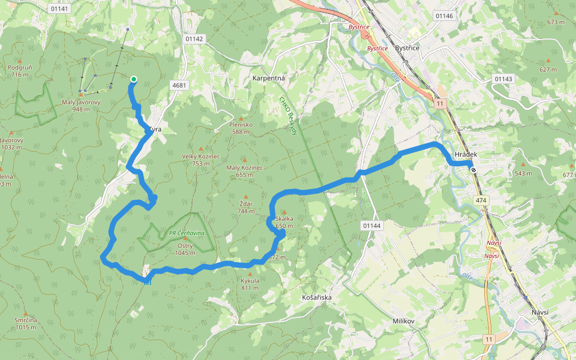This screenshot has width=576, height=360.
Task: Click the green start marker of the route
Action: coord(133,79)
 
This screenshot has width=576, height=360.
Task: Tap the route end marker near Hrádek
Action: coord(474,170)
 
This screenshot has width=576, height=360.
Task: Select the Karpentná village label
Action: coord(268,79)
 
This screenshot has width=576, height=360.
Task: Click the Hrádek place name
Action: coord(466,154)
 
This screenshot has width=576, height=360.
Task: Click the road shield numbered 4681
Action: coord(179,85)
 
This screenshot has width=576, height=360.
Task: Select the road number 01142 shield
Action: coord(195,38)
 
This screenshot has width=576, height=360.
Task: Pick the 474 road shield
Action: coord(481,200)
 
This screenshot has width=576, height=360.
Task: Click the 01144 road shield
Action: coord(372,225)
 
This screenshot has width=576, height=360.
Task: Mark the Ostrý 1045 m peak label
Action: coord(185,250)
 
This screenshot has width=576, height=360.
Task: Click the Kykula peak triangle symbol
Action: coord(250,274)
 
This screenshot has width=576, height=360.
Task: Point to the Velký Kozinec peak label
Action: coord(201,159)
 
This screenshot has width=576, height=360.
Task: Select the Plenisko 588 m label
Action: coord(241,128)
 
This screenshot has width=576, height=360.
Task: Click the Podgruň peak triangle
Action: coord(20,61)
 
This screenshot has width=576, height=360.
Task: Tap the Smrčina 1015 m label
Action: coord(26,323)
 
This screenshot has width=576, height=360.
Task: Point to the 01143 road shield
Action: coord(503,79)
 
